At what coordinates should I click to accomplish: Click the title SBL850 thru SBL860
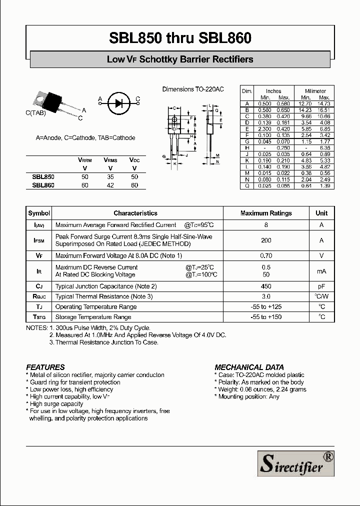(180, 38)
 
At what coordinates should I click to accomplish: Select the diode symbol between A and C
(118, 102)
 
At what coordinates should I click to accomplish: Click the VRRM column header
(84, 160)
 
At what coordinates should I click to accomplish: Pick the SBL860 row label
(43, 185)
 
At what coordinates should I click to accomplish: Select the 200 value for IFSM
(266, 240)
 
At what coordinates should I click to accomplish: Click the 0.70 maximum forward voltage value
(266, 255)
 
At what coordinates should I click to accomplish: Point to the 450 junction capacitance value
(266, 286)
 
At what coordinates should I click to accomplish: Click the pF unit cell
(321, 286)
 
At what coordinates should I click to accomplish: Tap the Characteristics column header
(135, 213)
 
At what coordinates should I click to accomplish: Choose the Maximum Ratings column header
(266, 213)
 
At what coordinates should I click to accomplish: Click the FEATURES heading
(45, 367)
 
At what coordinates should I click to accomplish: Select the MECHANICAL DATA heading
(249, 367)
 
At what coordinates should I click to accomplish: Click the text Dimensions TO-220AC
(193, 89)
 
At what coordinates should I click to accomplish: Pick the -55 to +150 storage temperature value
(266, 317)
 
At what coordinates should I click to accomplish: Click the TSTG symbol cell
(39, 317)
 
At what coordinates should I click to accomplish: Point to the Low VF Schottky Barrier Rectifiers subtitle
(180, 59)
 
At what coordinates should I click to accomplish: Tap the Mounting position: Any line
(248, 396)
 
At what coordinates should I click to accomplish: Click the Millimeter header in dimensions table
(315, 91)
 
